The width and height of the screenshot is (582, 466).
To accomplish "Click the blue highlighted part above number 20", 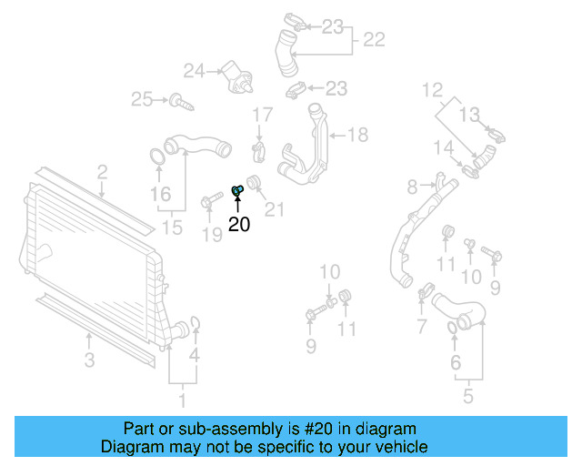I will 237,190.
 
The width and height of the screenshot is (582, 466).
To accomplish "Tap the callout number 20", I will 239,224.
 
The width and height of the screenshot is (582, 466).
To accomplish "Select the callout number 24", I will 195,70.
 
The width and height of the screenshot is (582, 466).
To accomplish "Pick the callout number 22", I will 373,40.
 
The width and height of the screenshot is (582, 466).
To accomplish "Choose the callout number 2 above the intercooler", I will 102,171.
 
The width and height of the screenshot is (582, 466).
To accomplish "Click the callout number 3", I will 89,360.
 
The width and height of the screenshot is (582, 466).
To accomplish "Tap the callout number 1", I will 182,400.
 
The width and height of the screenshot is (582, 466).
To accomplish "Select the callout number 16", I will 160,194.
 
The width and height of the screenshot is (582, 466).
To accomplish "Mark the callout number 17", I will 262,115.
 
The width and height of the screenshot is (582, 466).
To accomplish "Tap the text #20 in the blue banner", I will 316,429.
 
